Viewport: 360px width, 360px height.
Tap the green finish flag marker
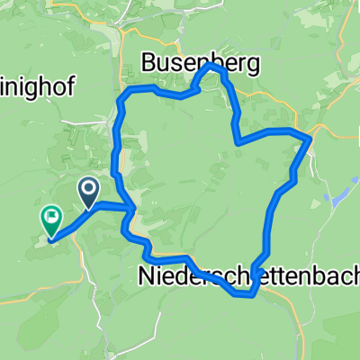[50, 218]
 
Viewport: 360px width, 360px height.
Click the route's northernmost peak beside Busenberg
[212, 66]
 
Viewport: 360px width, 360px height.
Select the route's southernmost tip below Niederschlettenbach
[252, 293]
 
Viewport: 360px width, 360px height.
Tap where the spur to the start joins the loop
[134, 210]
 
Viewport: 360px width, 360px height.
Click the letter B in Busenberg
[149, 63]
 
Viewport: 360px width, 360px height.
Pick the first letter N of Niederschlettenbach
[147, 276]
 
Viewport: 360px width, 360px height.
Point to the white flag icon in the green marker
[50, 215]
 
